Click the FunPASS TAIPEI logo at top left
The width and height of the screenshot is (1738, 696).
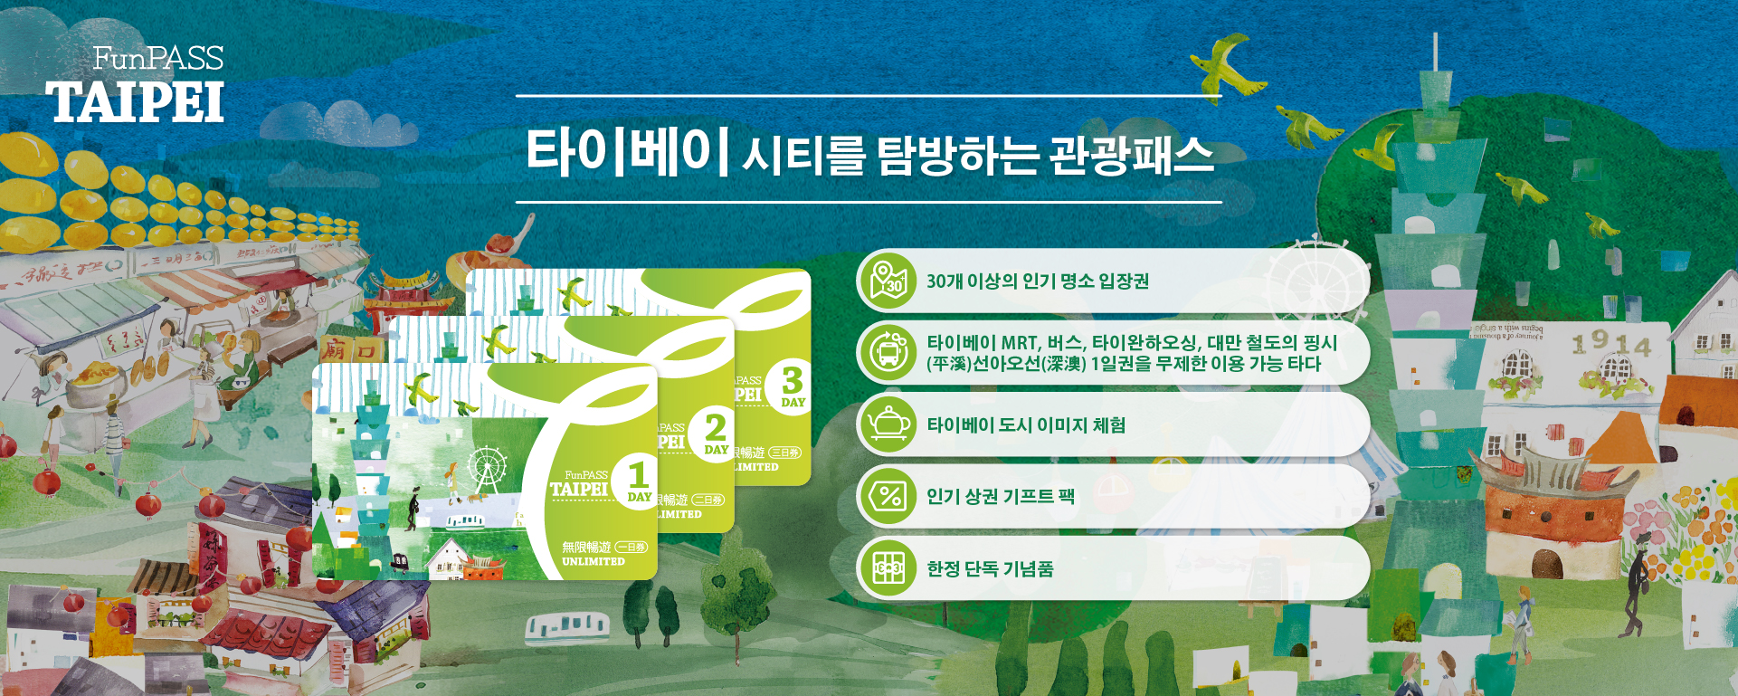136,86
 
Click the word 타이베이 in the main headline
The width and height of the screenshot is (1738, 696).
627,152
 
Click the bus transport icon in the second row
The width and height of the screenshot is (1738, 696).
888,352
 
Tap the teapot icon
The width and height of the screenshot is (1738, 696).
888,424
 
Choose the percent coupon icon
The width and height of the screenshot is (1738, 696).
888,496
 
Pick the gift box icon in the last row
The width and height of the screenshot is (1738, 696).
888,568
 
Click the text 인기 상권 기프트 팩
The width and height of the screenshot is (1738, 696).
1000,496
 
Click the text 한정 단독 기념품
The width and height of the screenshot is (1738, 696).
990,568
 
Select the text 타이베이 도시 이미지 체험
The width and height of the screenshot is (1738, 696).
1026,424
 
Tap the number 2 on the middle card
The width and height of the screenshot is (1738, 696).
716,426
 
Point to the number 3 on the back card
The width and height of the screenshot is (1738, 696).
793,379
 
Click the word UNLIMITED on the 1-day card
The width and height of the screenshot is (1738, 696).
593,562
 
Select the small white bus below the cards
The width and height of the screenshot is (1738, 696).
567,624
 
